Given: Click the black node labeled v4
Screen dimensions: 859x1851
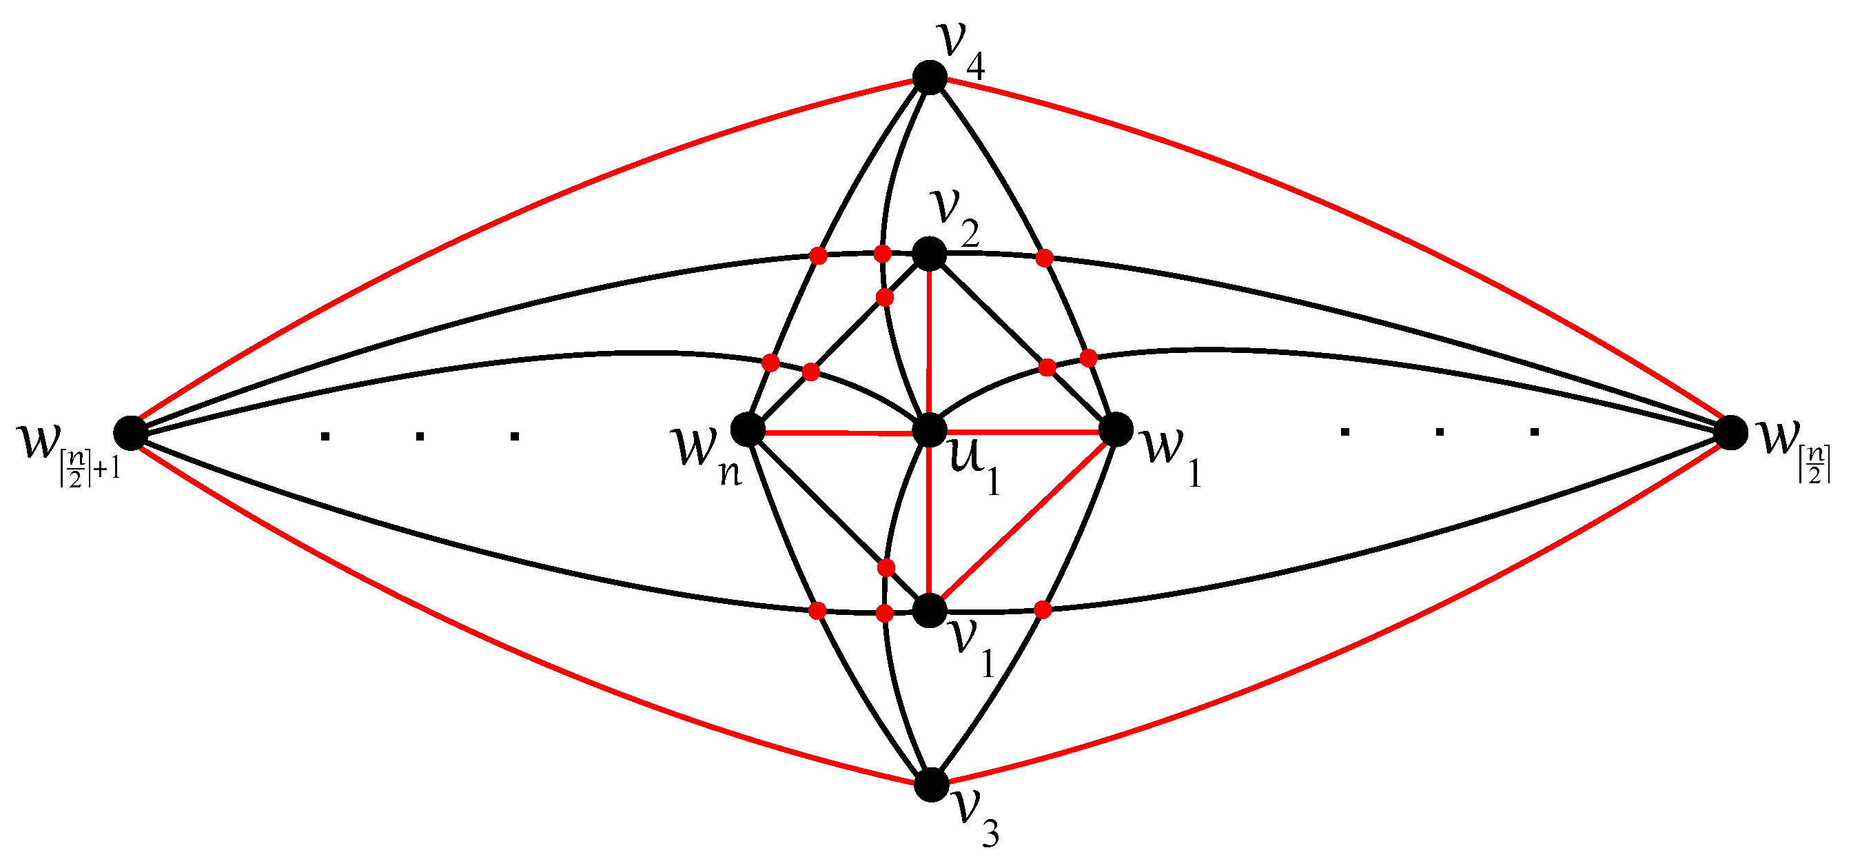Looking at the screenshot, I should point(930,78).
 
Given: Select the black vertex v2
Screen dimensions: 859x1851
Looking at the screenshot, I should point(930,254).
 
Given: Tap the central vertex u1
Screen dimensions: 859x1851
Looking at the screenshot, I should point(930,430).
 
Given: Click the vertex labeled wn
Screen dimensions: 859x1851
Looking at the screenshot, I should point(747,429).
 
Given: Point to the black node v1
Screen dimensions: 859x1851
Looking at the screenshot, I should point(930,610).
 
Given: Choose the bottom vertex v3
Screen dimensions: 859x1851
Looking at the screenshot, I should point(931,785).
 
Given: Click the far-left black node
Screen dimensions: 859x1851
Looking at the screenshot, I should point(130,432).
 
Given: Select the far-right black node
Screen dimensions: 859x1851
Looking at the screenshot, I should point(1731,432).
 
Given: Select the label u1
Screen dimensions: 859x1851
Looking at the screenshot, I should point(974,467).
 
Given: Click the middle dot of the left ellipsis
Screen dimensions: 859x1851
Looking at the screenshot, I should point(420,436).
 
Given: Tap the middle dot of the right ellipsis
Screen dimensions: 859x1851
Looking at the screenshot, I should point(1440,432).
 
